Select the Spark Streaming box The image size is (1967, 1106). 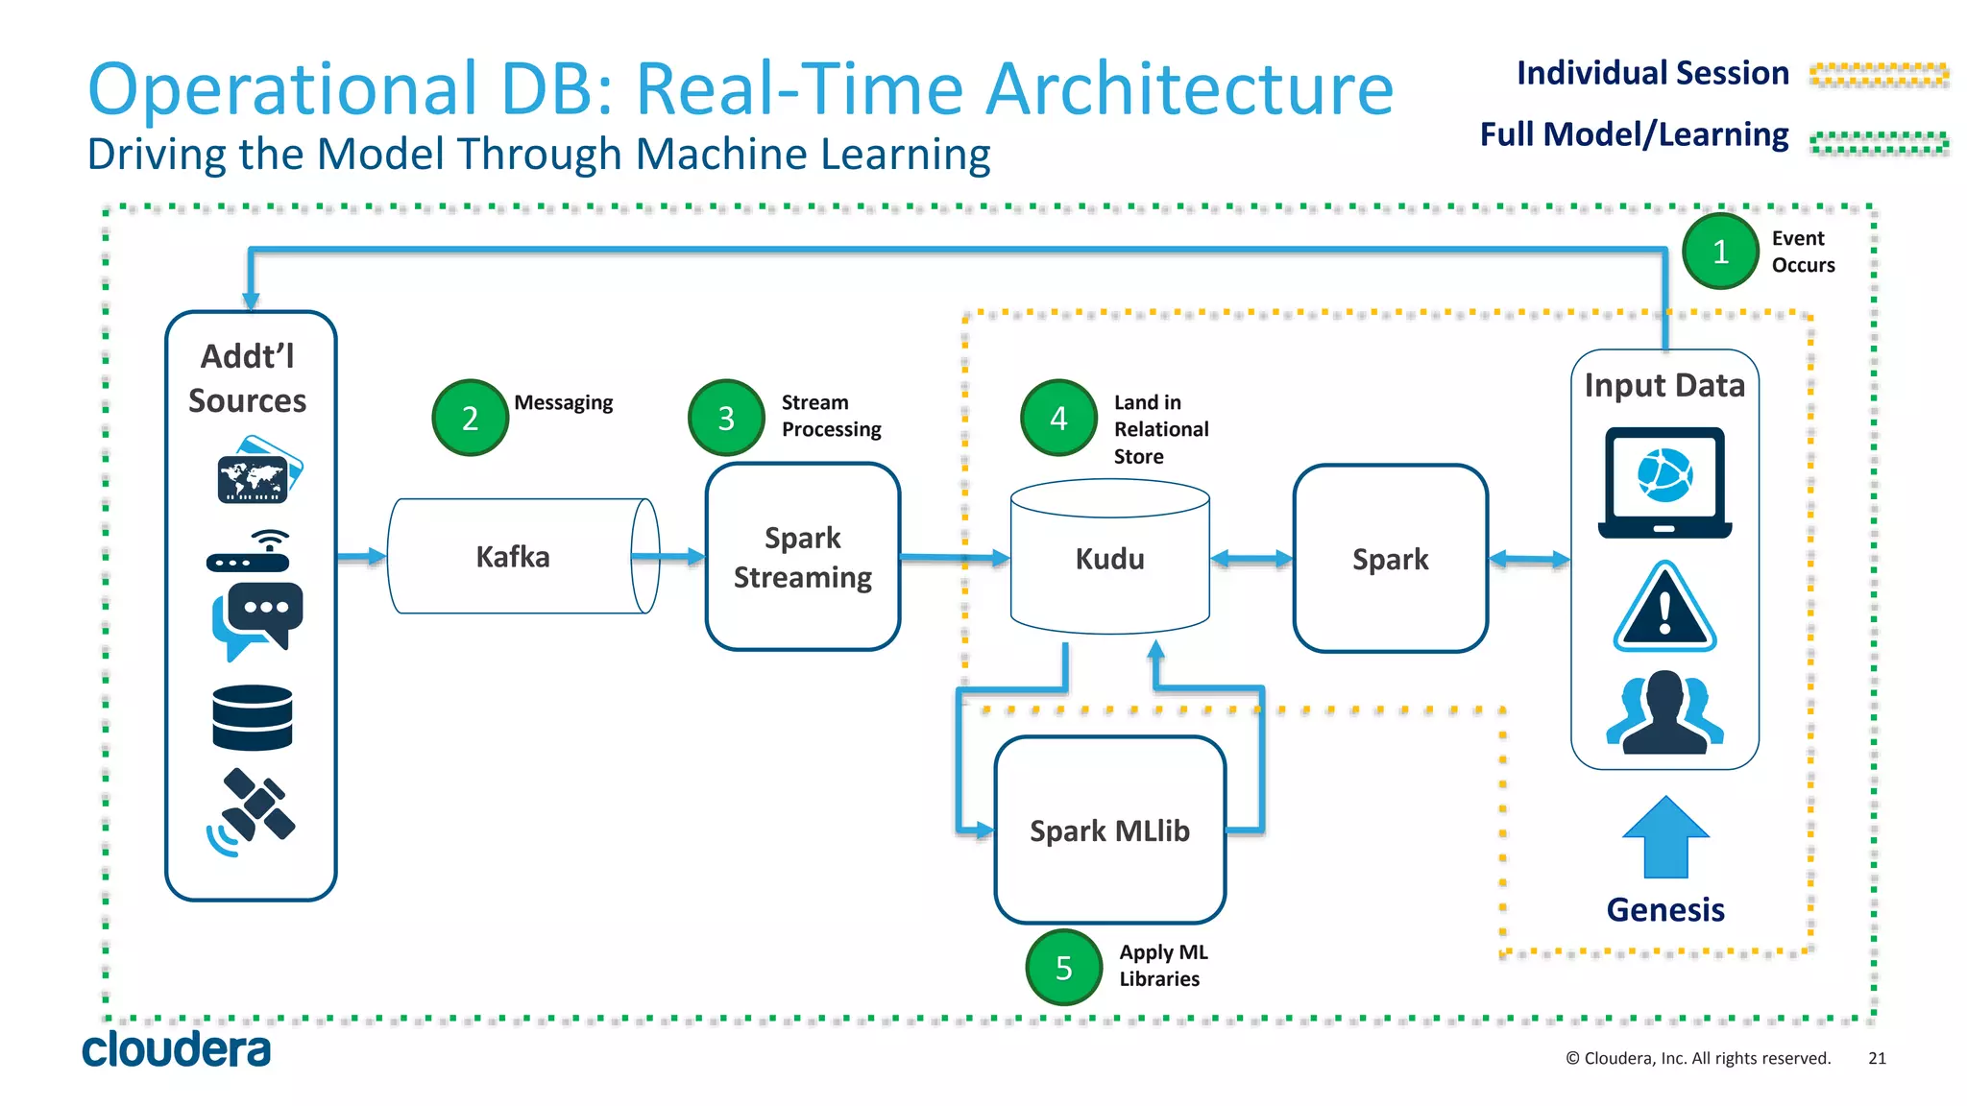pyautogui.click(x=802, y=557)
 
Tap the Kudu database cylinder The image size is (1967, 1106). pyautogui.click(x=1109, y=559)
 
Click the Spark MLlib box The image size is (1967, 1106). pyautogui.click(x=1109, y=830)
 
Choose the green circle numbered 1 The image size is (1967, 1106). pyautogui.click(x=1720, y=252)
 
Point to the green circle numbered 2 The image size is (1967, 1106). pyautogui.click(x=470, y=418)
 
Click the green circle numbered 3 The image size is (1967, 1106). pyautogui.click(x=726, y=418)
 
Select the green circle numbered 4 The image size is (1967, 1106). pyautogui.click(x=1058, y=418)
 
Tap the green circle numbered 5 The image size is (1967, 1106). pyautogui.click(x=1063, y=968)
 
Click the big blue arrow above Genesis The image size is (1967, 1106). pyautogui.click(x=1665, y=837)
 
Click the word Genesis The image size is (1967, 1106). pyautogui.click(x=1665, y=909)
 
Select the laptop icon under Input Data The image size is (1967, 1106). pyautogui.click(x=1664, y=483)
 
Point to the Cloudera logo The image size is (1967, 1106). pyautogui.click(x=176, y=1049)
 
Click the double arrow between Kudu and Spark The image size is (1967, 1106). pyautogui.click(x=1251, y=559)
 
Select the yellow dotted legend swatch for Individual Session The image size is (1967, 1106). pyautogui.click(x=1879, y=74)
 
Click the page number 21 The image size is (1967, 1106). pyautogui.click(x=1877, y=1058)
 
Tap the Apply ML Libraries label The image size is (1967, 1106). pyautogui.click(x=1162, y=966)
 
